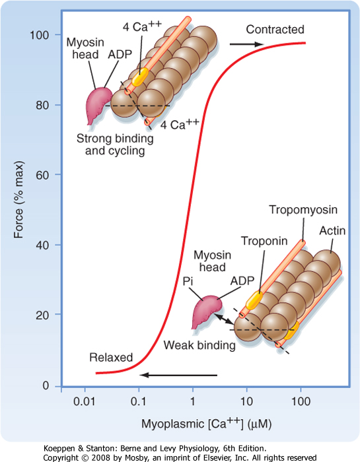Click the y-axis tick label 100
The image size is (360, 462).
[39, 35]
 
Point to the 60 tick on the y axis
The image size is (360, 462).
[42, 175]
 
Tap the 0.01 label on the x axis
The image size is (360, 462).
[85, 401]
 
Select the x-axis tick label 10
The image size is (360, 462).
[246, 401]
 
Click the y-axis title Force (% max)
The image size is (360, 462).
[18, 199]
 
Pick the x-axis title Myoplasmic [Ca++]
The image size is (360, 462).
[206, 424]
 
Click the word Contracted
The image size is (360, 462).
[275, 30]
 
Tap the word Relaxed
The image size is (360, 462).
[111, 358]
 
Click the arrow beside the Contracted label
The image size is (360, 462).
[247, 44]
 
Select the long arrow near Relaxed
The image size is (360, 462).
[178, 375]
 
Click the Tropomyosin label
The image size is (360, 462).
[303, 210]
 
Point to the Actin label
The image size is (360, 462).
[332, 231]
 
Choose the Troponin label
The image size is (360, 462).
[264, 241]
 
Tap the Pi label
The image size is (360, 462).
[188, 281]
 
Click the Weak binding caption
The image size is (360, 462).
[199, 345]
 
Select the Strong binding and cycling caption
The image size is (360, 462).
[115, 145]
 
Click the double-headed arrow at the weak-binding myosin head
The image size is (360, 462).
[224, 319]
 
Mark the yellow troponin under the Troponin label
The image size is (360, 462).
[254, 300]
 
